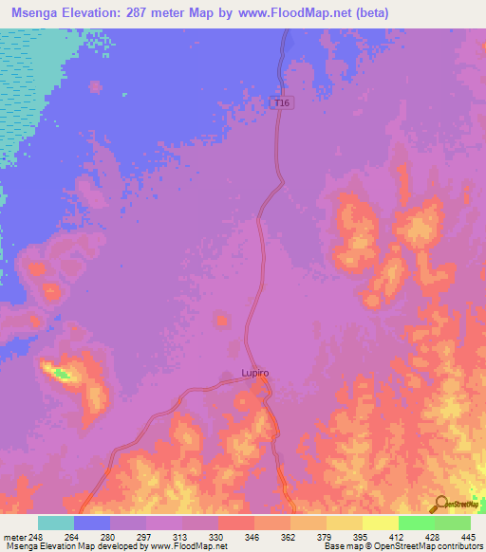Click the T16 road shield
click(x=278, y=102)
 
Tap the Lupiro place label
click(x=254, y=373)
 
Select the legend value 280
click(x=108, y=536)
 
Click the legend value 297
click(x=144, y=536)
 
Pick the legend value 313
click(x=180, y=536)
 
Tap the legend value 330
click(x=216, y=536)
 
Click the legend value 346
click(x=252, y=536)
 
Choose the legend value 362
click(x=289, y=536)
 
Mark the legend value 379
click(x=325, y=536)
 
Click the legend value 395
click(x=361, y=536)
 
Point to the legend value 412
click(x=397, y=536)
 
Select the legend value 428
click(x=433, y=536)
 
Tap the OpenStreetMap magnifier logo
click(x=441, y=504)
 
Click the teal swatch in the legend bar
click(x=56, y=523)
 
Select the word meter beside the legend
click(x=14, y=536)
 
